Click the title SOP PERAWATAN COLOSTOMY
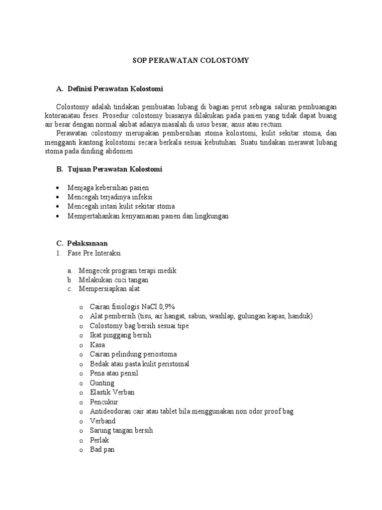191,60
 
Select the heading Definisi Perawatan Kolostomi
115,89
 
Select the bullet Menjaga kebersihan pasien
108,187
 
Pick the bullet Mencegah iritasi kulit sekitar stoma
121,206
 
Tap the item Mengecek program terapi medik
128,270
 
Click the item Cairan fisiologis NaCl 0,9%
132,306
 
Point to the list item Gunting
102,383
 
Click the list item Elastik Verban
112,392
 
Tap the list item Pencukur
104,402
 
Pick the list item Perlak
99,440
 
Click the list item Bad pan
102,450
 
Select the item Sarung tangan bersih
121,430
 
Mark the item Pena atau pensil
114,373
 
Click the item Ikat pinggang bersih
120,335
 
